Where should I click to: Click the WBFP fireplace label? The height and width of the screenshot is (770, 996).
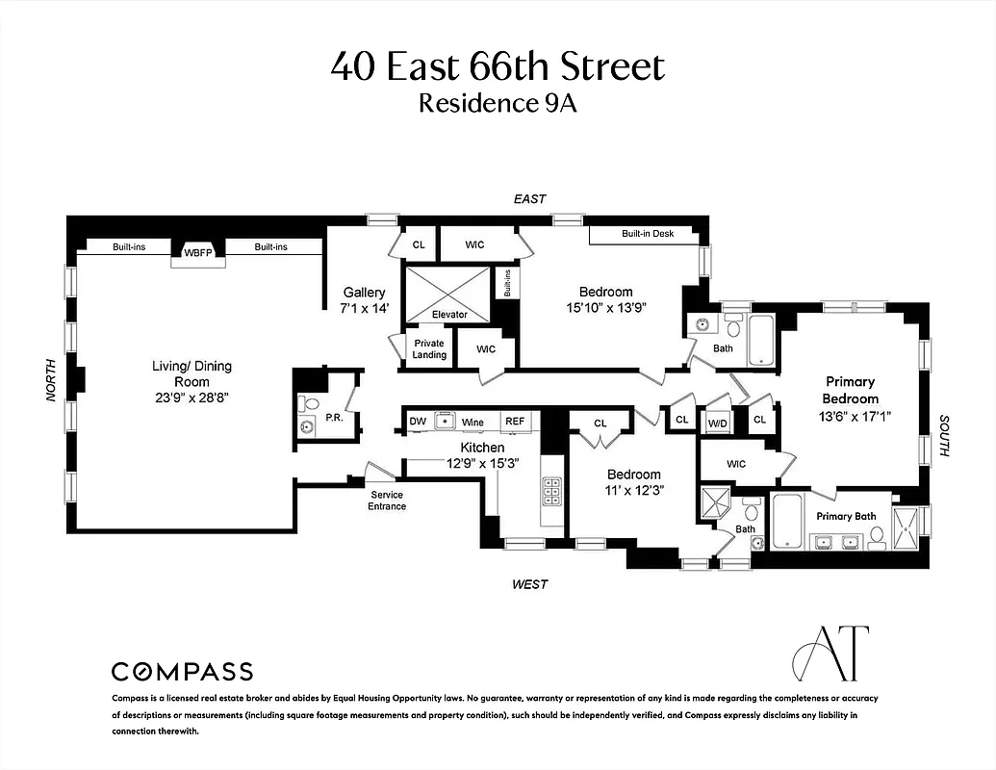[197, 253]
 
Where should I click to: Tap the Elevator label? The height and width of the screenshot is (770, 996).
[449, 314]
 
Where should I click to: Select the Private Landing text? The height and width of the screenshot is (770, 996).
[429, 349]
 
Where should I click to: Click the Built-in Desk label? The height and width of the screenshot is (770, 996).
[648, 234]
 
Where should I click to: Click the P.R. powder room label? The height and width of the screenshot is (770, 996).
[335, 418]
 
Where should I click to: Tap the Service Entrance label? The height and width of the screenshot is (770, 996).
[387, 500]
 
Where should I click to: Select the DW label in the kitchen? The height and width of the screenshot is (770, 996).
[418, 422]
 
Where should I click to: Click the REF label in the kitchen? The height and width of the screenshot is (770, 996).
[516, 422]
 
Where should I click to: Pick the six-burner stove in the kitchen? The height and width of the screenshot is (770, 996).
[553, 493]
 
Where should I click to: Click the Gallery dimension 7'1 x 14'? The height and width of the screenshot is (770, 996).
[364, 308]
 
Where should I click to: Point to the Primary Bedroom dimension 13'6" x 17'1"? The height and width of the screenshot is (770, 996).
[850, 415]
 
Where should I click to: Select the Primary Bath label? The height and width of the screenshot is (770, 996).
[846, 516]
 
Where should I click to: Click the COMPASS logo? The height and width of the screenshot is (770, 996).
[182, 671]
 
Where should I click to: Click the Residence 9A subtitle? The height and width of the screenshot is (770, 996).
[498, 103]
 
